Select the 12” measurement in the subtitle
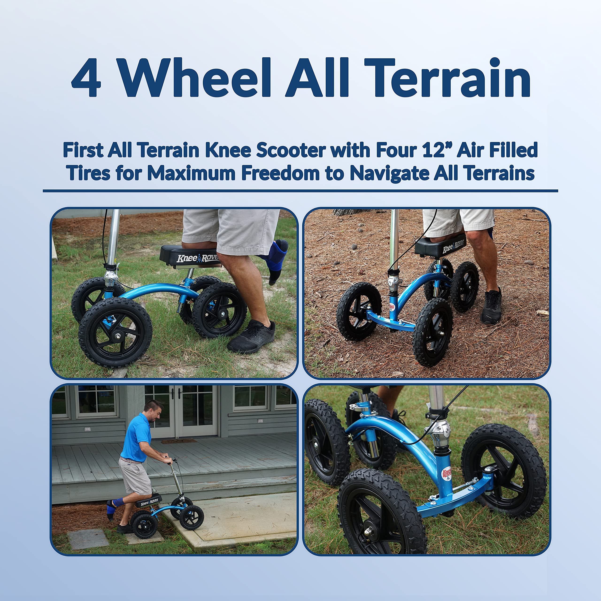437,150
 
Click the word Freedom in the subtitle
280,173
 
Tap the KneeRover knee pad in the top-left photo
190,256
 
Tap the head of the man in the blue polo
154,411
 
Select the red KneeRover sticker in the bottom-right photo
447,474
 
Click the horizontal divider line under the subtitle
300,191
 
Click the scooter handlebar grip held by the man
170,461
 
